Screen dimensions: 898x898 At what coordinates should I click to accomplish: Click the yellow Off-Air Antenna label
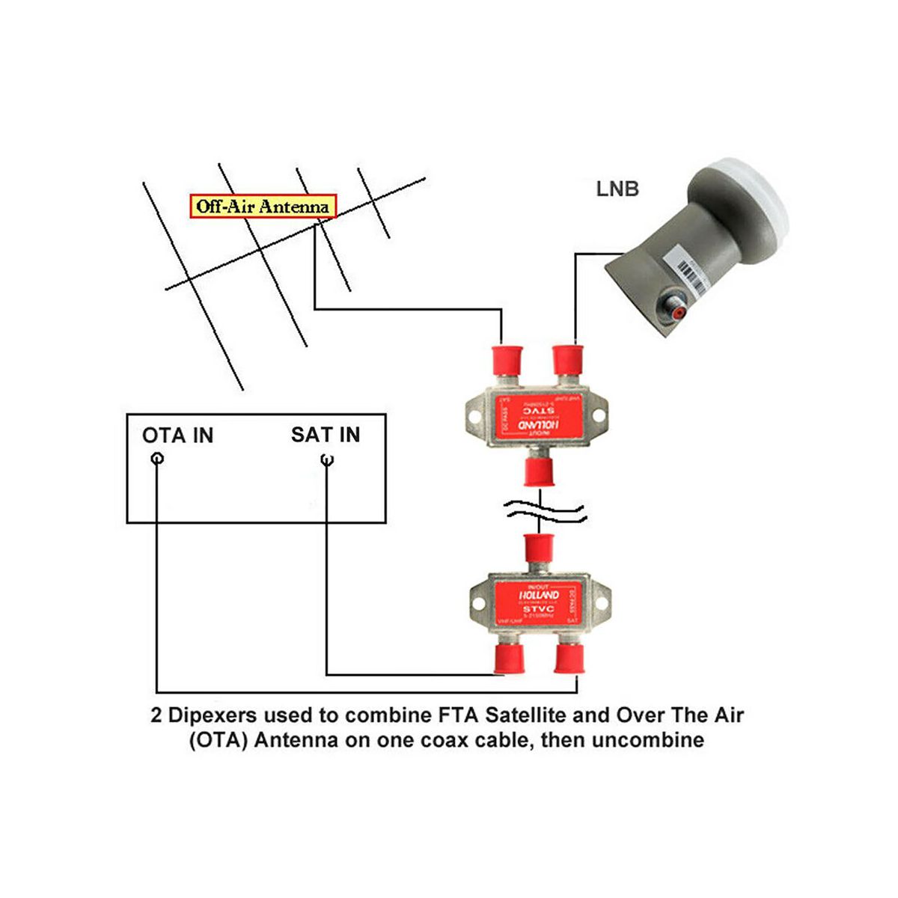tap(262, 207)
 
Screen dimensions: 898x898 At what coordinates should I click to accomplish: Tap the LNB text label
tap(617, 189)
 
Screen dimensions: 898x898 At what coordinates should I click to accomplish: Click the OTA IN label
tap(177, 436)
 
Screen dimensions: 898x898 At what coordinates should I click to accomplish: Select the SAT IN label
tap(326, 435)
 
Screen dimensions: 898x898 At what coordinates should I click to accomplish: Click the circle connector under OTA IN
tap(156, 459)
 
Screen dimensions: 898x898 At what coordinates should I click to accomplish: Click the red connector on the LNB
tap(672, 307)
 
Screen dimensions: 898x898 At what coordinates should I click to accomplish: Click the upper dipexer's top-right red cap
tap(566, 359)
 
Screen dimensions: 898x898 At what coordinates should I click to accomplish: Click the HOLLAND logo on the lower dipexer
tap(539, 595)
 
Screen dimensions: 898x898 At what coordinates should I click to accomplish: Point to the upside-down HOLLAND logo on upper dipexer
tap(536, 424)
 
